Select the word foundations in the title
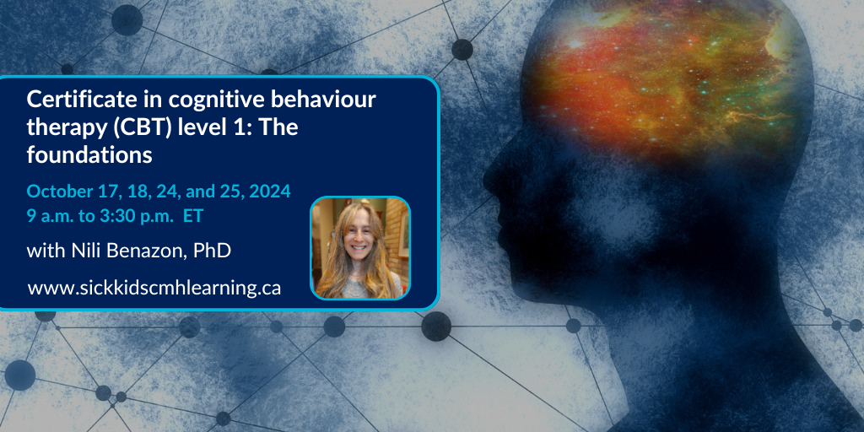coord(89,155)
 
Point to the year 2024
coord(267,192)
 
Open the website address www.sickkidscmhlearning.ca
coord(154,288)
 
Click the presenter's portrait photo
coord(360,248)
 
